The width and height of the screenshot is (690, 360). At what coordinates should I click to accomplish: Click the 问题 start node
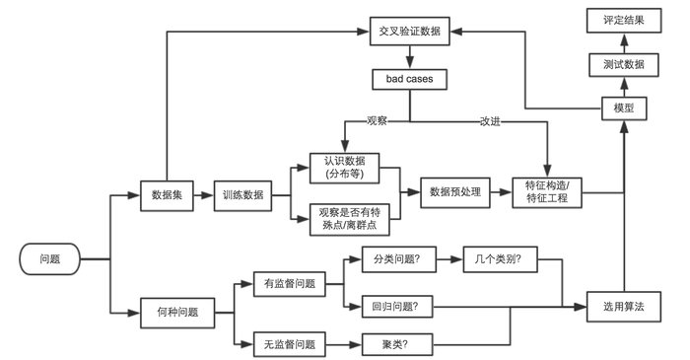pos(49,259)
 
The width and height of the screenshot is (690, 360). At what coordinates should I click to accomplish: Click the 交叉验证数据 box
pos(410,31)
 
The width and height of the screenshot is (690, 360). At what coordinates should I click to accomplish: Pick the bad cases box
pos(410,77)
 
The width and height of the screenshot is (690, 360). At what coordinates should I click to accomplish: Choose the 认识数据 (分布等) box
pos(344,167)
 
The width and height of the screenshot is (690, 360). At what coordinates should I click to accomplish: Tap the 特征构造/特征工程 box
pos(548,192)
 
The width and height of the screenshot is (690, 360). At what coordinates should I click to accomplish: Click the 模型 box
pos(623,108)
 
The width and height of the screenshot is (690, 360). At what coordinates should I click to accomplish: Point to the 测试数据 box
pos(623,63)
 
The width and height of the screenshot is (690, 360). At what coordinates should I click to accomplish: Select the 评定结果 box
pos(623,19)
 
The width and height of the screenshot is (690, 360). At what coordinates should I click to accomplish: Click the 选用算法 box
pos(623,307)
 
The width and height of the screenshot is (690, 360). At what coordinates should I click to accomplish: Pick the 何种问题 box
pos(177,312)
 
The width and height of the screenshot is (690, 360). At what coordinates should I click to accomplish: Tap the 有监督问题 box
pos(290,284)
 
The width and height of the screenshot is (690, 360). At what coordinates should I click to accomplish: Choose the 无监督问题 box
pos(290,344)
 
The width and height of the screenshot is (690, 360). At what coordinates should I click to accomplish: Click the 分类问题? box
pos(390,262)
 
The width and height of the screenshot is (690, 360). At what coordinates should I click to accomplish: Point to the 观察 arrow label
pos(377,121)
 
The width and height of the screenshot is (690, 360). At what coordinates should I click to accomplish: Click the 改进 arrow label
pos(490,121)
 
